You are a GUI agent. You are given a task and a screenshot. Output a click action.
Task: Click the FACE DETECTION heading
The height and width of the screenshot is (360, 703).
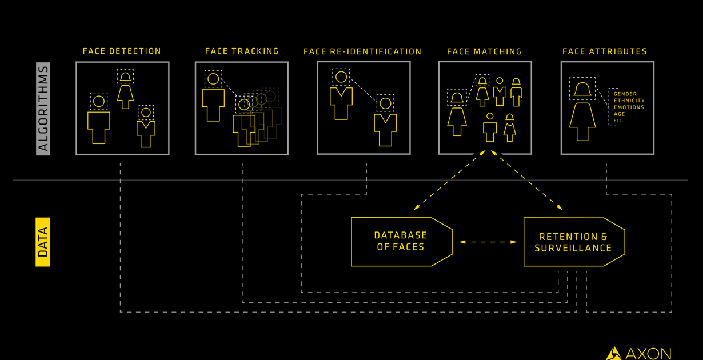(x=122, y=51)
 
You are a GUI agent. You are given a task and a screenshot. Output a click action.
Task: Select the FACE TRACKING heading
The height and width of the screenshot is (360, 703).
(x=242, y=51)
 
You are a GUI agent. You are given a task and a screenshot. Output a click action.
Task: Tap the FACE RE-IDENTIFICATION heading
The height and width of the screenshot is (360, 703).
(x=362, y=51)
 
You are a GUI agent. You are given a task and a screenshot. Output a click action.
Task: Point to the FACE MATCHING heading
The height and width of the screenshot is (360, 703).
(x=484, y=51)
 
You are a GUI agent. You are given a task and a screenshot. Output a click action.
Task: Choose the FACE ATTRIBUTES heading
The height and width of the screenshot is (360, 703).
(x=605, y=51)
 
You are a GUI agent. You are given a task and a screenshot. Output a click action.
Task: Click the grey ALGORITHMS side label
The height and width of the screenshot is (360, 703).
(x=43, y=109)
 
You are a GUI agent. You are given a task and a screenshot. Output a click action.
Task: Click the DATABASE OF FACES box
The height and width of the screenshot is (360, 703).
(x=401, y=242)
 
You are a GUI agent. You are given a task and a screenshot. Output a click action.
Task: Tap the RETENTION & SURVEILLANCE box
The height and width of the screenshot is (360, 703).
(x=573, y=242)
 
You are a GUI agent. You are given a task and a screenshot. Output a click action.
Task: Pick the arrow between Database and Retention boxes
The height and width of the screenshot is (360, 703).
(x=488, y=242)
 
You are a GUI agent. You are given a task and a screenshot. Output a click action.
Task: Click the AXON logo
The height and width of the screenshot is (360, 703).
(x=638, y=353)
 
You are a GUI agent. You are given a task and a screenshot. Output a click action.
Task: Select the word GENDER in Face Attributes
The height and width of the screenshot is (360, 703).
(x=625, y=94)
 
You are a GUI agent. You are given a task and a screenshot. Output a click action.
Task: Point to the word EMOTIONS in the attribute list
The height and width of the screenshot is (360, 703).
(x=629, y=107)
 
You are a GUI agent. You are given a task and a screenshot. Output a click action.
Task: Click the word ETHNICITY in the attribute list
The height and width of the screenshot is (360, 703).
(x=629, y=101)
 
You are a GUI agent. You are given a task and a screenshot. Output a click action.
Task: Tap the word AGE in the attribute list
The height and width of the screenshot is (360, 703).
(x=620, y=114)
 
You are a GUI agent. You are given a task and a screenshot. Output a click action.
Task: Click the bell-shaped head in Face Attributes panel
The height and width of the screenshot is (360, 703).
(x=582, y=89)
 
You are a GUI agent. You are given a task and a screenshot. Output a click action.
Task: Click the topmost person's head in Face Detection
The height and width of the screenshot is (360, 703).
(x=125, y=77)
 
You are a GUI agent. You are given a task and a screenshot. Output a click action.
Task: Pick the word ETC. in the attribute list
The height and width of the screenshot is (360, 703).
(x=619, y=121)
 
